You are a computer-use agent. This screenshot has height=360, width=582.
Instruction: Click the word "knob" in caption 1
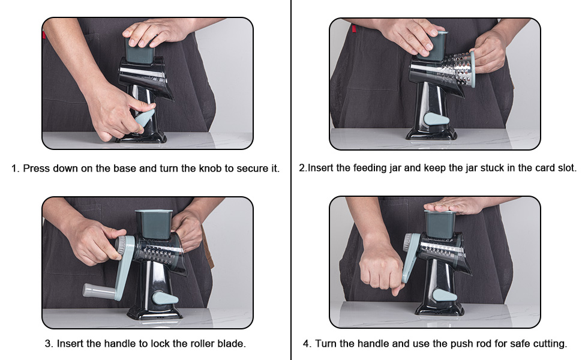[210, 168]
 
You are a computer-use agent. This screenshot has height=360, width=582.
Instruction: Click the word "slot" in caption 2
[566, 168]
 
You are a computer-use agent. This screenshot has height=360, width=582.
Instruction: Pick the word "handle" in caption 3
[120, 344]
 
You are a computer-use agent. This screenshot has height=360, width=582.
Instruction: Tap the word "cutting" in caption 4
[550, 344]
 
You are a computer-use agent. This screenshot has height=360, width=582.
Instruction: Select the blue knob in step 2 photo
[436, 119]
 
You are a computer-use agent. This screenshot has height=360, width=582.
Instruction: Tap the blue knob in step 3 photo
[165, 297]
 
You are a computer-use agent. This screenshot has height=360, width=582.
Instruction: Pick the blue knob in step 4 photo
[444, 295]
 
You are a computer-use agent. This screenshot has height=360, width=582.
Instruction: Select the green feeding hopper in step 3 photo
[153, 224]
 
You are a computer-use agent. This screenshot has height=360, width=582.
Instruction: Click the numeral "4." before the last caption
[307, 344]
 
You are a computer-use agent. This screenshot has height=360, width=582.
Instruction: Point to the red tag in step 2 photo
[353, 28]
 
